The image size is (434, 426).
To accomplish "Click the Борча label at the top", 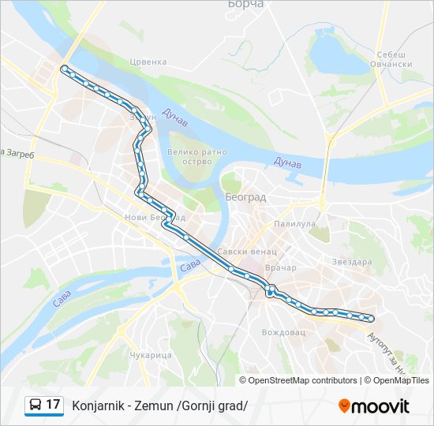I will (x=245, y=4).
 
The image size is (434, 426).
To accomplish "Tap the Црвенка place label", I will (x=148, y=62).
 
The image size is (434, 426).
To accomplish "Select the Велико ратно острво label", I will (x=196, y=158).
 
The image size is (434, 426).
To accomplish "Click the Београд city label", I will (x=245, y=196).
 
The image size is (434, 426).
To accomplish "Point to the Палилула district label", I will (x=294, y=224).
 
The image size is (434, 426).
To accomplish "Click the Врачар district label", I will (x=281, y=267).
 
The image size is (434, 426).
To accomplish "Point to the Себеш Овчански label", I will (x=395, y=59).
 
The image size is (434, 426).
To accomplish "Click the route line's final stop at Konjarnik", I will (x=371, y=319).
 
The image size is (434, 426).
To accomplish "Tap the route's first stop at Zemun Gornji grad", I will (x=64, y=69).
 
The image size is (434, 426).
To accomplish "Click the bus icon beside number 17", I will (x=36, y=405).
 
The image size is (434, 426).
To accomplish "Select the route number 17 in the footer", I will (x=53, y=405).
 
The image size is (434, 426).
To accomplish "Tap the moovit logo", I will (x=374, y=405).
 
